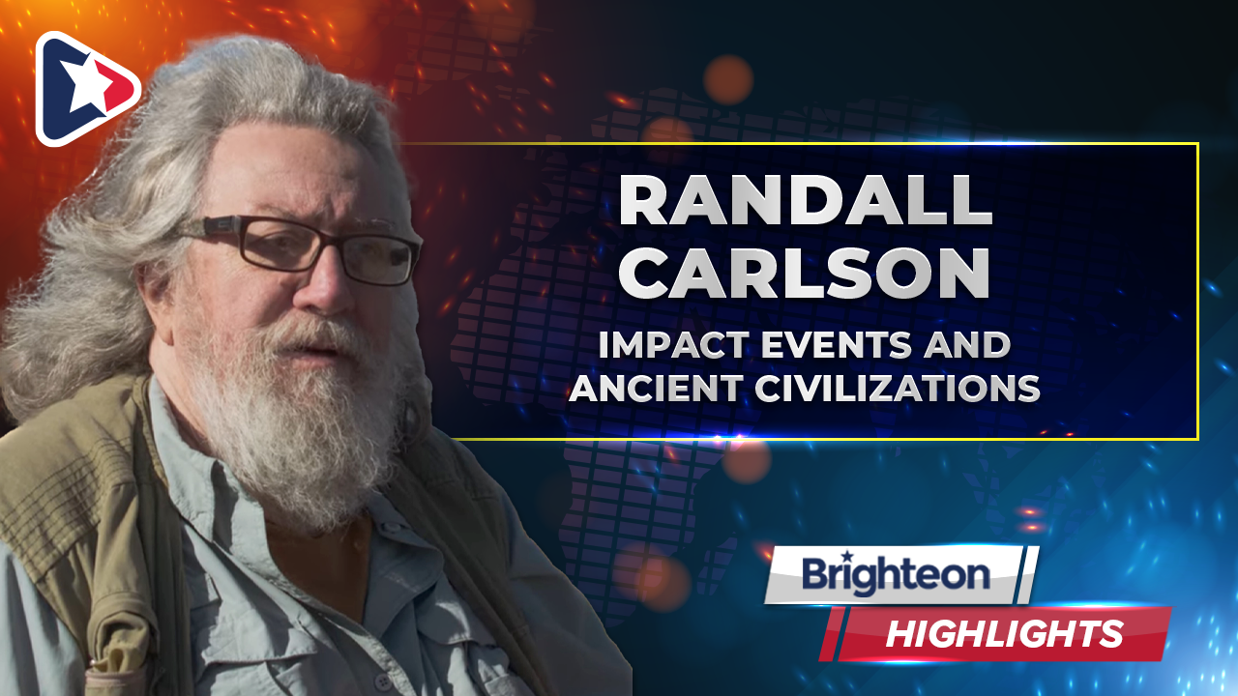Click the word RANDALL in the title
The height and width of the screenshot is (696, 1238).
point(806,200)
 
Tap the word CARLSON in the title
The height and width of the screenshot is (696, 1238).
point(804,273)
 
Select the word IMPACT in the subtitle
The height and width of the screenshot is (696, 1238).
point(674,345)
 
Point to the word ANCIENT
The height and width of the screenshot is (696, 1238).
point(656,388)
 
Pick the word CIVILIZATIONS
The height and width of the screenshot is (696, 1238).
point(898,388)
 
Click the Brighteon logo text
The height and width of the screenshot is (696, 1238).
point(896,575)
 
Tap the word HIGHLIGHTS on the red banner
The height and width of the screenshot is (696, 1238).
point(1005,633)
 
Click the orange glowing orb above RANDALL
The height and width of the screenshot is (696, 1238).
point(728,79)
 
